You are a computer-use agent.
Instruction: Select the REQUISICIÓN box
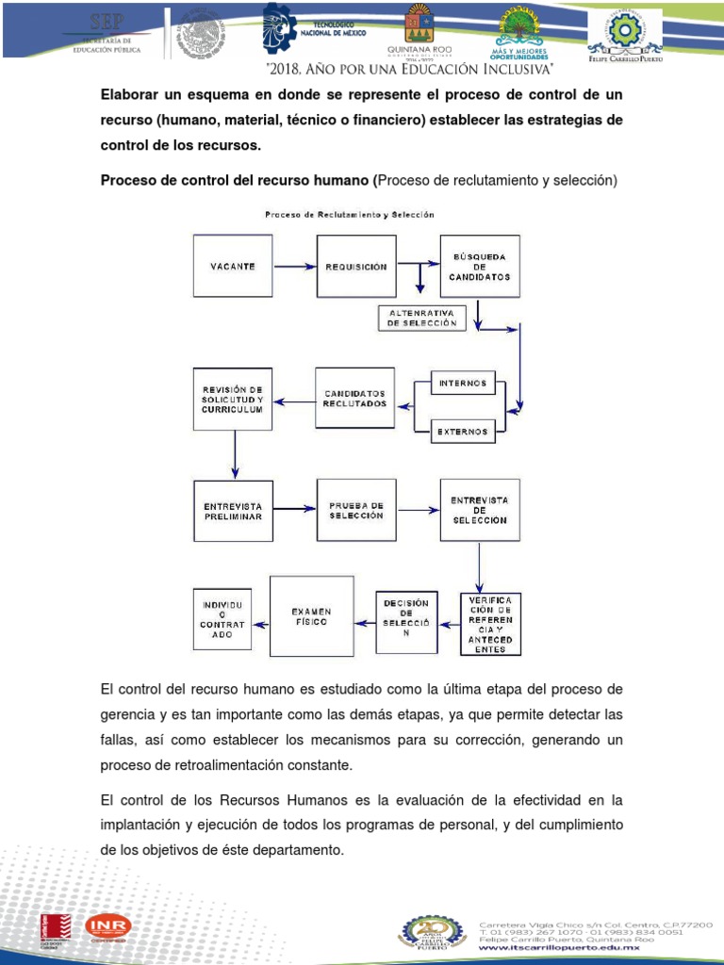355,267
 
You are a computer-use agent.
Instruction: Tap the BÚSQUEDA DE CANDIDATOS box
480,267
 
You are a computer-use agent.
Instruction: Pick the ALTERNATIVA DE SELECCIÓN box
422,318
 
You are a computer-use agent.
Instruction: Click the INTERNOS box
462,383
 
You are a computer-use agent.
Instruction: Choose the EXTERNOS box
462,432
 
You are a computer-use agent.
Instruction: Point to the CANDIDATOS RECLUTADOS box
355,398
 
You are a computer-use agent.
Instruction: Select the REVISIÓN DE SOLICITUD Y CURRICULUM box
232,400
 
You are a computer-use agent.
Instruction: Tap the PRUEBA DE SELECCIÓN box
355,511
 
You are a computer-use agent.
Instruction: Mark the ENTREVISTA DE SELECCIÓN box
480,511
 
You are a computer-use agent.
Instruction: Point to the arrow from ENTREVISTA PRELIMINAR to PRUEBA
293,510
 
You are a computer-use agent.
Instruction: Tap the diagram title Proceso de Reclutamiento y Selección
349,214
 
